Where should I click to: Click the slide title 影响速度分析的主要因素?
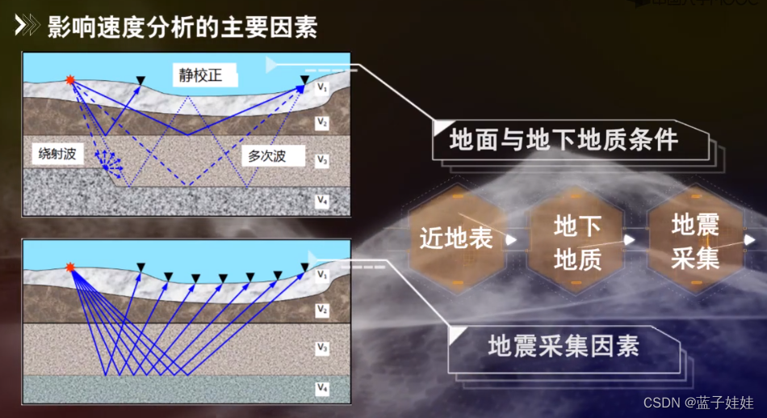coord(182,27)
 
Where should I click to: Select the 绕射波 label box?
coord(57,154)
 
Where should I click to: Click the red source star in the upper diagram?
coord(71,79)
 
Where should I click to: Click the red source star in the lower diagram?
coord(70,267)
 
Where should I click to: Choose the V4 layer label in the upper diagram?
coord(322,200)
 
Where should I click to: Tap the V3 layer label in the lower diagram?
coord(322,348)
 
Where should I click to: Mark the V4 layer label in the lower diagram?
coord(322,389)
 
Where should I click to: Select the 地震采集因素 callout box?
coord(564,346)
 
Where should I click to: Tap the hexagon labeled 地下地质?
coord(576,241)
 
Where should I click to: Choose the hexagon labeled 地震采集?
coord(695,239)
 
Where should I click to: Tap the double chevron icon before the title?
coord(27,27)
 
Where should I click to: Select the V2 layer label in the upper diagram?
coord(322,123)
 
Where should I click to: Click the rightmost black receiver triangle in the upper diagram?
coord(304,80)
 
